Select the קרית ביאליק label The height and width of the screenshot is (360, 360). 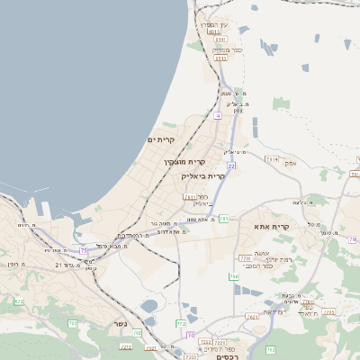tap(204, 176)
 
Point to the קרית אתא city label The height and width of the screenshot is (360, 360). tap(270, 227)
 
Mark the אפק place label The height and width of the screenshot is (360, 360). tap(290, 163)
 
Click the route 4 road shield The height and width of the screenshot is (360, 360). tap(218, 116)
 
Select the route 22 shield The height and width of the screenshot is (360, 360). tap(230, 166)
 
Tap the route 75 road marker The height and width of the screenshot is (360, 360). tap(84, 250)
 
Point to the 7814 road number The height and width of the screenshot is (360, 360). tap(271, 158)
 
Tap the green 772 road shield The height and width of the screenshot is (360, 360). tap(181, 322)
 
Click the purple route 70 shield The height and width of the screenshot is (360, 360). tap(190, 335)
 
